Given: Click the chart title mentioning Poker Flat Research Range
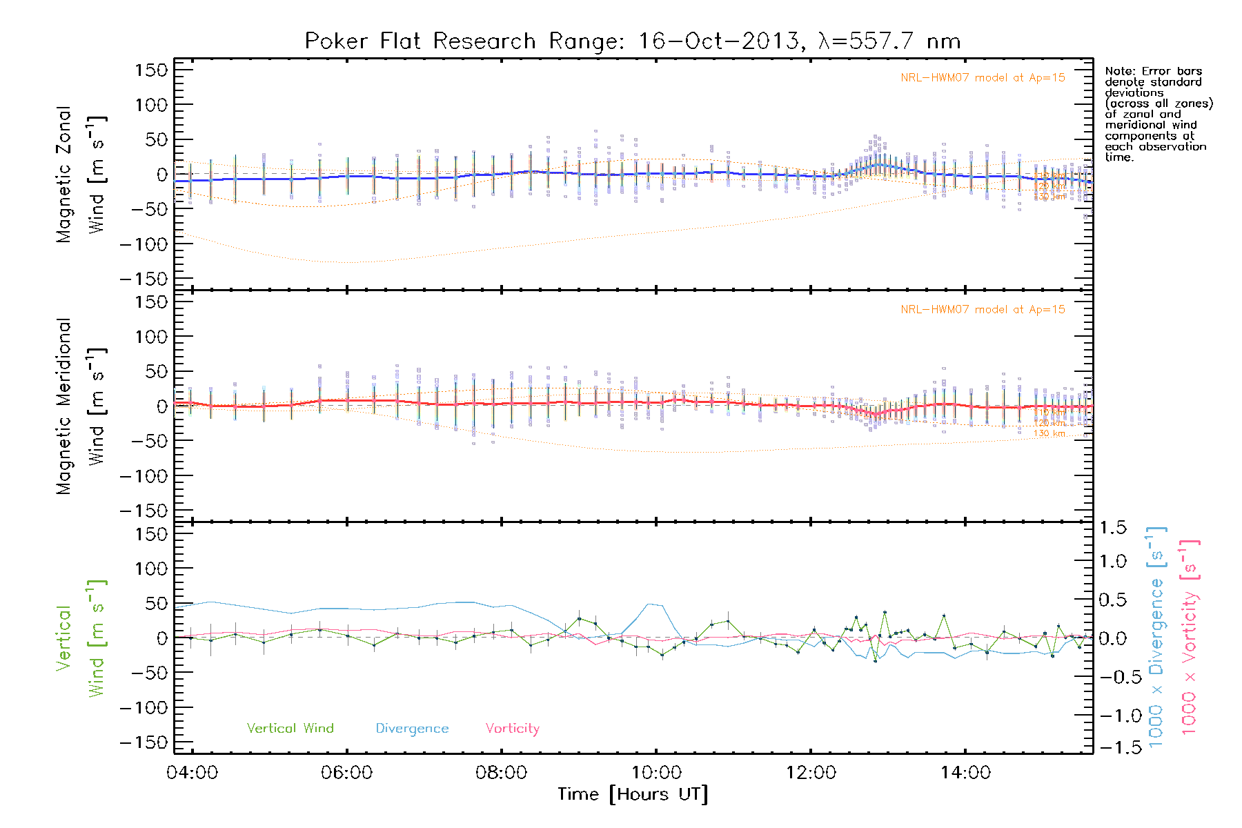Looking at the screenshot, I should (633, 41).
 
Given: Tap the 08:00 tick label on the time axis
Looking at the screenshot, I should (501, 773).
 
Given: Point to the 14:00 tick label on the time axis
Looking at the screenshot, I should (965, 773).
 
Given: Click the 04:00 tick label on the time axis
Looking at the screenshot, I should (192, 773).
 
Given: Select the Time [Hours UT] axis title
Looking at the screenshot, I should (633, 795).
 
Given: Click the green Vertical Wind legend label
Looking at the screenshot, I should (290, 729).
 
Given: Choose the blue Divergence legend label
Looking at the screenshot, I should (412, 729).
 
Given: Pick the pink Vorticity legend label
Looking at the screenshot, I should (512, 729).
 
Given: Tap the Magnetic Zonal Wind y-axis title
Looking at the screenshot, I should (81, 175).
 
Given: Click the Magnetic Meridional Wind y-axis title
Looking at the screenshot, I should (81, 406).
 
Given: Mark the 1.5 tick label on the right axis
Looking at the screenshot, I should (1112, 528).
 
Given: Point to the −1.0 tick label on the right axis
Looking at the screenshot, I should (1112, 716).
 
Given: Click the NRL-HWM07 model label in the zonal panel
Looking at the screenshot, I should (983, 78).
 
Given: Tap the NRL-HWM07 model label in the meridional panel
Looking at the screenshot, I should (983, 310).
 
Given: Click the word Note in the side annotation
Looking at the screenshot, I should (1118, 72).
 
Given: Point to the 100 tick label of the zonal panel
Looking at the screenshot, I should (151, 105).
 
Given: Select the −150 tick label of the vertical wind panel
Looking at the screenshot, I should (144, 742).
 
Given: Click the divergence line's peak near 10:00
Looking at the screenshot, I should (650, 604).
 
